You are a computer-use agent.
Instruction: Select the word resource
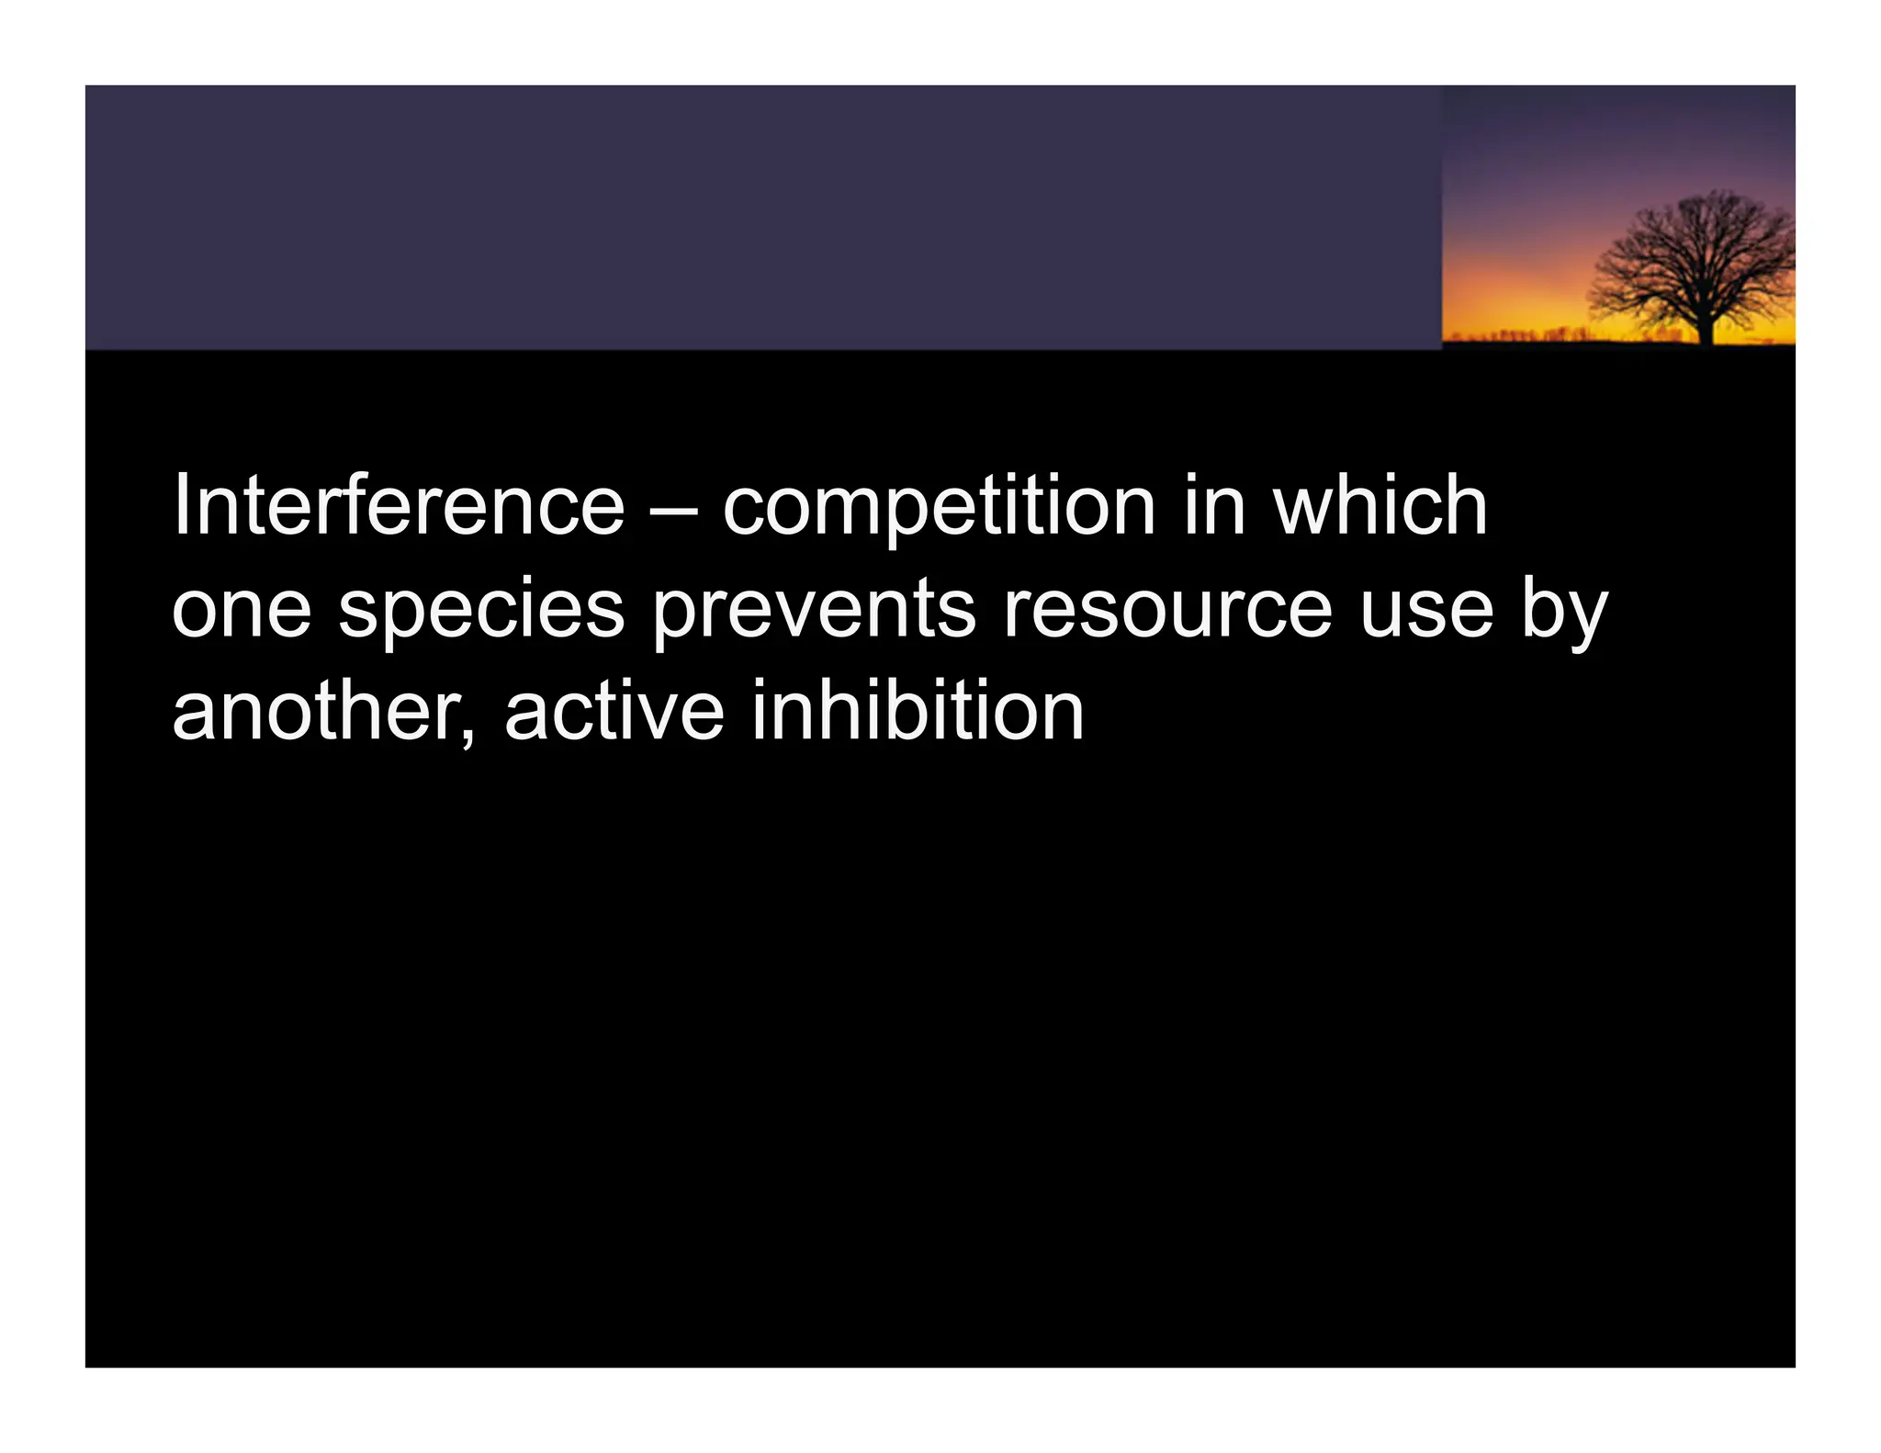pos(1166,610)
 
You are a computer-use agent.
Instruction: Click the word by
pos(1564,610)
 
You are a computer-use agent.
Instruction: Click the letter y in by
pos(1587,619)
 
